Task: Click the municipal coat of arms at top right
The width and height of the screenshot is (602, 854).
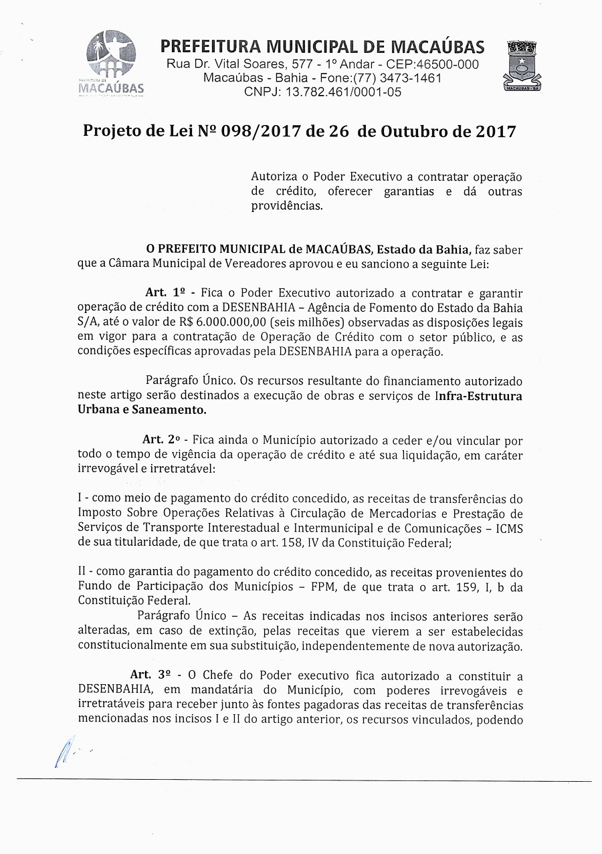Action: (522, 66)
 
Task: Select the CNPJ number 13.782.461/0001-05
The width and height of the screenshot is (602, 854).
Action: (343, 92)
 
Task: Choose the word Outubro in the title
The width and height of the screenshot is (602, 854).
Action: (413, 131)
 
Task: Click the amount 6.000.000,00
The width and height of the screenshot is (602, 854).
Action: (232, 322)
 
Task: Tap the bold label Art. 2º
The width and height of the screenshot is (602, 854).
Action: (162, 440)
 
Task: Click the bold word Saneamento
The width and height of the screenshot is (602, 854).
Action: (170, 410)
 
